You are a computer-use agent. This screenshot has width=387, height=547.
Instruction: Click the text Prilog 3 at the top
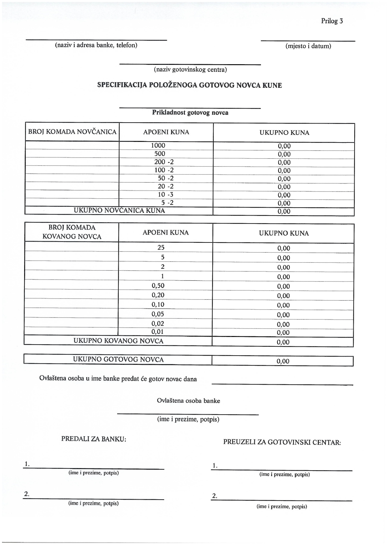point(332,21)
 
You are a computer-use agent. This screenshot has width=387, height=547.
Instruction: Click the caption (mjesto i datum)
point(308,46)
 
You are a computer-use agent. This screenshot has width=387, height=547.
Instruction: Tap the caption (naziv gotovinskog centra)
point(190,69)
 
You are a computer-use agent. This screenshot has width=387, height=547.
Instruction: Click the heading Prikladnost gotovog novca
point(190,113)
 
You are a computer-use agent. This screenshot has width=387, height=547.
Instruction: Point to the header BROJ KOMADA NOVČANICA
point(72,132)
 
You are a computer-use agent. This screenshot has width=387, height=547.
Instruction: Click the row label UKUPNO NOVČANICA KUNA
point(119,211)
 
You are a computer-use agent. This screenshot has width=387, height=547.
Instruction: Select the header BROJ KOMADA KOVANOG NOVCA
point(72,232)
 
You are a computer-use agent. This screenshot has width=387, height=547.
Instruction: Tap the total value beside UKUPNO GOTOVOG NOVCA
point(283,361)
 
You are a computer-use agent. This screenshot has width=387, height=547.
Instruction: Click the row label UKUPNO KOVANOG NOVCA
point(118,341)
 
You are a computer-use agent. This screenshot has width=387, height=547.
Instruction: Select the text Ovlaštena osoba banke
point(188,401)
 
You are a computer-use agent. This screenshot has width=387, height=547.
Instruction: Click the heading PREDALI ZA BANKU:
point(94,439)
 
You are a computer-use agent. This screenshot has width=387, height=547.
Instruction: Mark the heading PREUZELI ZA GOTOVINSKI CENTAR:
point(282,442)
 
